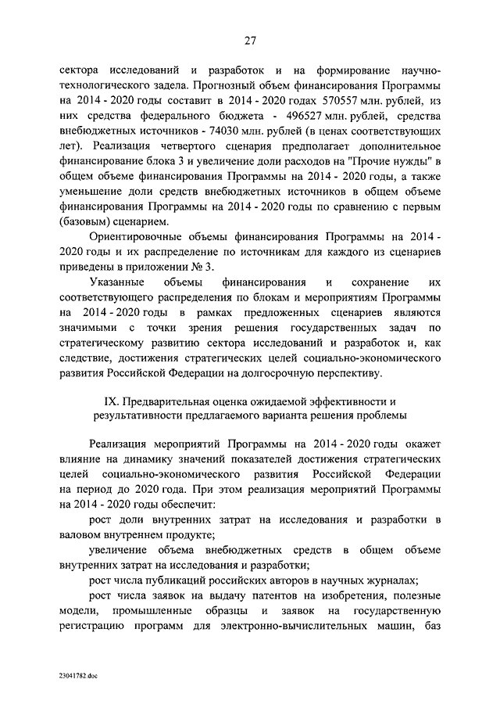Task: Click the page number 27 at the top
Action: tap(250, 41)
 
